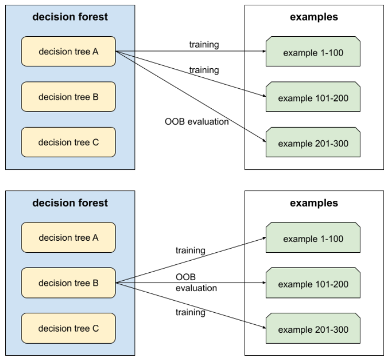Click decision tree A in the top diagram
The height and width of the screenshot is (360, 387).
68,52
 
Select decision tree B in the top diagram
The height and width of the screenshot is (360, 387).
68,97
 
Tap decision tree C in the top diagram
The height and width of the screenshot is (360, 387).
68,142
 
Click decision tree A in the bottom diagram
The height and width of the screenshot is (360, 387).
68,238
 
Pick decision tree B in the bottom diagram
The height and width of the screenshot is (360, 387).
68,283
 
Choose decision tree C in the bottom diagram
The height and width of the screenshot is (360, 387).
68,328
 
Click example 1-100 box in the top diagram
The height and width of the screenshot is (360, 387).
313,52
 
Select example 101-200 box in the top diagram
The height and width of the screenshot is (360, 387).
313,97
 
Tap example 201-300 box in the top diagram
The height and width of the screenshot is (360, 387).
313,142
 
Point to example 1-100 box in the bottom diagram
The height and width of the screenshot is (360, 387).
313,238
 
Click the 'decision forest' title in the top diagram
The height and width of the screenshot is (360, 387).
70,17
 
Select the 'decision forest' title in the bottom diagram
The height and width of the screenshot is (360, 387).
70,203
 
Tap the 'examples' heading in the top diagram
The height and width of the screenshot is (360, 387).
314,17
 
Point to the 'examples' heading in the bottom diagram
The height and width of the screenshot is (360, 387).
314,203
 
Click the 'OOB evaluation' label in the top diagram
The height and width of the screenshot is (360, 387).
197,122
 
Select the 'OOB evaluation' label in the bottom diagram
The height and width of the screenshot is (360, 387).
196,282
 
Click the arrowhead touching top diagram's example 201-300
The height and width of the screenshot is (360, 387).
263,141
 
